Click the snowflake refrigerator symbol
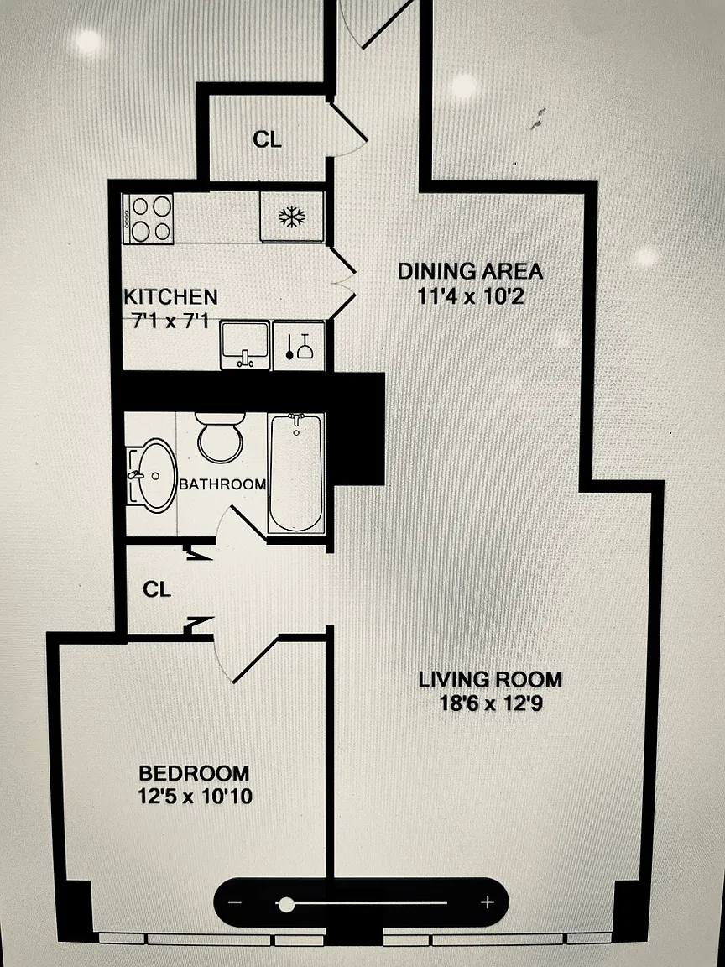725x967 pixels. pos(292,217)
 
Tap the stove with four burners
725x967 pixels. pos(148,218)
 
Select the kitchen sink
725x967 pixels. pos(245,345)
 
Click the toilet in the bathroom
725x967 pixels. pos(220,437)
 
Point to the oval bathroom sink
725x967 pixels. pos(152,475)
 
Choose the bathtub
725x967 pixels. pos(296,473)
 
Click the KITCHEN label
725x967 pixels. pos(171,296)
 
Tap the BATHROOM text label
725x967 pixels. pos(222,484)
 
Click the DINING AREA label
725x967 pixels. pos(471,271)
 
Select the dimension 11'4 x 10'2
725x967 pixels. pos(471,296)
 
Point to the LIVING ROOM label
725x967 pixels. pos(490,680)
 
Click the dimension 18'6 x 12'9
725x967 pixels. pos(491,703)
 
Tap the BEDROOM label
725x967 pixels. pos(194,773)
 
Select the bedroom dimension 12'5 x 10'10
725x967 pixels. pos(195,796)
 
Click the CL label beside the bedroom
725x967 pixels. pos(157,590)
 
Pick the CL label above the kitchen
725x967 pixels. pos(267,140)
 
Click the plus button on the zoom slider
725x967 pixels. pos(488,902)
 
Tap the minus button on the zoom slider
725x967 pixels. pos(235,902)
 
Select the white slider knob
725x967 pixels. pos(286,905)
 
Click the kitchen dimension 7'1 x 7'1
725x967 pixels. pos(171,321)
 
